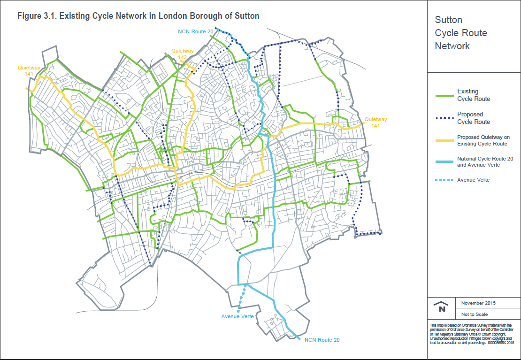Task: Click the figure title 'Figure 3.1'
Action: [x=138, y=16]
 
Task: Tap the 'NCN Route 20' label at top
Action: [x=196, y=32]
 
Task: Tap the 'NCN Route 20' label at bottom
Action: [x=322, y=339]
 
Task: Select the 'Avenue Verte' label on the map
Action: [x=238, y=316]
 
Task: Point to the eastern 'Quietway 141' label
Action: [x=375, y=123]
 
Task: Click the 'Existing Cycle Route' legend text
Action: [x=473, y=95]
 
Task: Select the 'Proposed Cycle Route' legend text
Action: [x=473, y=118]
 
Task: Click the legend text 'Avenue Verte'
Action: [x=473, y=180]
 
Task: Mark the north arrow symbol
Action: [x=441, y=307]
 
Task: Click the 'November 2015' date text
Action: [x=478, y=303]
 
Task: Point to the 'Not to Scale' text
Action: [x=474, y=314]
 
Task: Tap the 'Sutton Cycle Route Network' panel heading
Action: [x=454, y=33]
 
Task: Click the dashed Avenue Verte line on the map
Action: [x=241, y=298]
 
